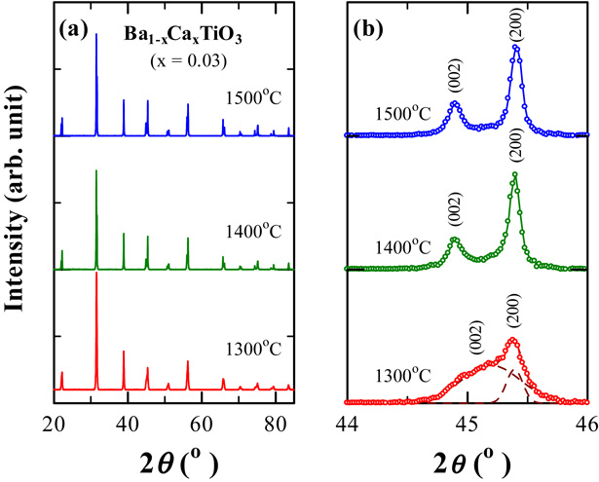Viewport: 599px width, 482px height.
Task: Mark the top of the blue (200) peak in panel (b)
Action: click(x=516, y=47)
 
